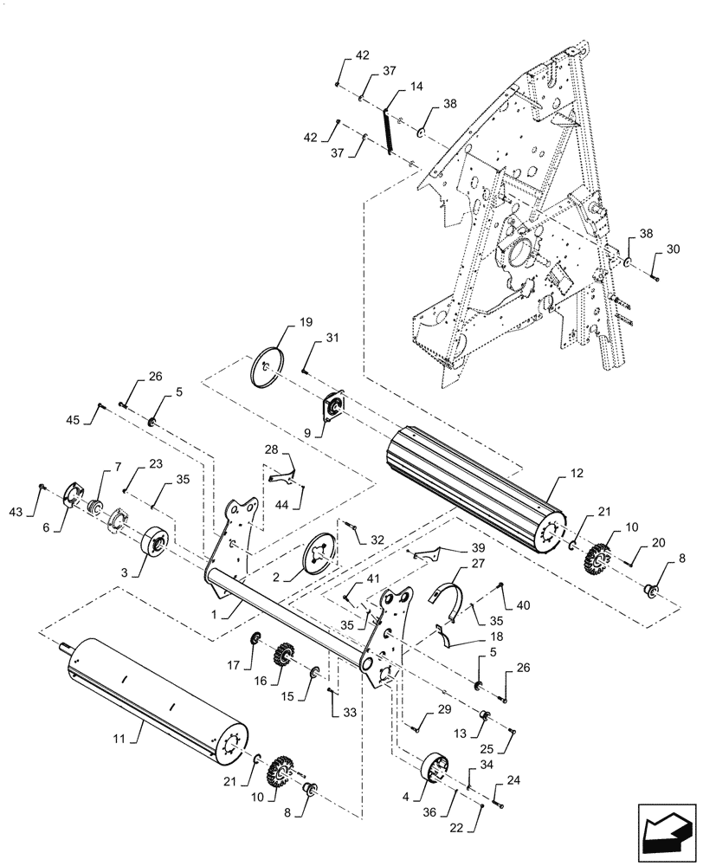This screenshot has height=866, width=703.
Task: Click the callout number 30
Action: point(675,249)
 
